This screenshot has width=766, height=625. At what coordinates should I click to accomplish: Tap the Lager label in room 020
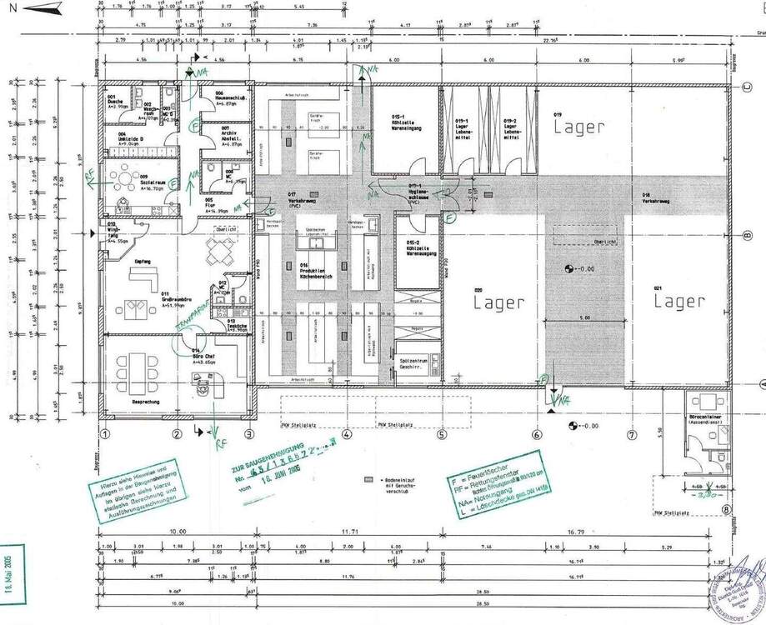499,302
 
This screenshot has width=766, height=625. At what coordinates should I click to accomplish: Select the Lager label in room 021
678,302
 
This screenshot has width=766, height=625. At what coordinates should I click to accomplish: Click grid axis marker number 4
346,433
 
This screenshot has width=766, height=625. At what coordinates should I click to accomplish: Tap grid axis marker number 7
632,433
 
